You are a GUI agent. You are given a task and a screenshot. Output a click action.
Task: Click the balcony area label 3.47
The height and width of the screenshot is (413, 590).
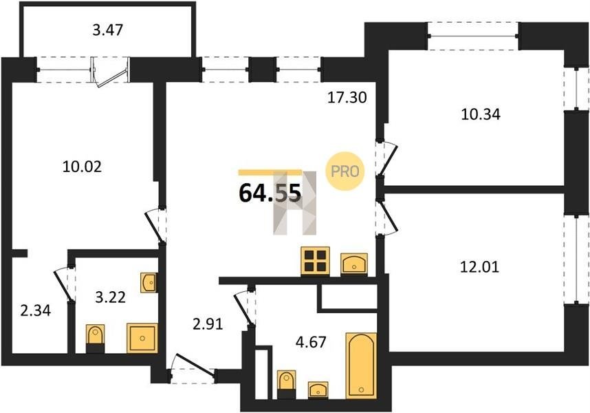[108, 30]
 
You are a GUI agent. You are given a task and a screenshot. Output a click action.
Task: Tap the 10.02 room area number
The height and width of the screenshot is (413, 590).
[82, 167]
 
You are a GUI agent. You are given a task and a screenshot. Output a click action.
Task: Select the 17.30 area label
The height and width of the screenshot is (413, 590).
[347, 98]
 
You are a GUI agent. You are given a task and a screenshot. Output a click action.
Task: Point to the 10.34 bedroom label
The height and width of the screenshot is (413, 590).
[481, 114]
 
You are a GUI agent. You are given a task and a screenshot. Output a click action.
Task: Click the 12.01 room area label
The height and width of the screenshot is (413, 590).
[480, 267]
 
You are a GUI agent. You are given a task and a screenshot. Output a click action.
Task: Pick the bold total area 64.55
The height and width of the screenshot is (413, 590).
[270, 193]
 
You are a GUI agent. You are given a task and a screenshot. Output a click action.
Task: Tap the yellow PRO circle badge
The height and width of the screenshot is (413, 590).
[345, 171]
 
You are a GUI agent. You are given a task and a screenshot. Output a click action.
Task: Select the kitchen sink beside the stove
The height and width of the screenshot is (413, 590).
[354, 264]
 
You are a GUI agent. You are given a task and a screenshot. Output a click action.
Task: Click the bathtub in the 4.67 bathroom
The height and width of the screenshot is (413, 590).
[361, 366]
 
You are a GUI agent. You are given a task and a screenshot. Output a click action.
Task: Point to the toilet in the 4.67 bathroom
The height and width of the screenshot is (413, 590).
[286, 384]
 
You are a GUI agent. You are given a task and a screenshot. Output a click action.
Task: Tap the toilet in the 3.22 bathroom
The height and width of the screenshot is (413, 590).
[96, 339]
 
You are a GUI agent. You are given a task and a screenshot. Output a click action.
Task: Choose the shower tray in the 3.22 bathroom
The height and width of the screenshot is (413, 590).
[142, 338]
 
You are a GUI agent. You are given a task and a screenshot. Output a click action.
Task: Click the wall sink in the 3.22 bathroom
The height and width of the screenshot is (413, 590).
[149, 283]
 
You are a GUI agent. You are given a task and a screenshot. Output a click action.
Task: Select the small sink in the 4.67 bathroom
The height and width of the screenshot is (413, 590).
[318, 390]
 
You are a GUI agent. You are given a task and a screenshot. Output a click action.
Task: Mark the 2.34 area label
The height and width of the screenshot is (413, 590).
[35, 311]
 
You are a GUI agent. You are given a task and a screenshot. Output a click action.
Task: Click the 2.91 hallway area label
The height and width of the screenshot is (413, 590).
[208, 324]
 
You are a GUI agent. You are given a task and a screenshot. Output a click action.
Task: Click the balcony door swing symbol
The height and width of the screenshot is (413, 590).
[110, 72]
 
